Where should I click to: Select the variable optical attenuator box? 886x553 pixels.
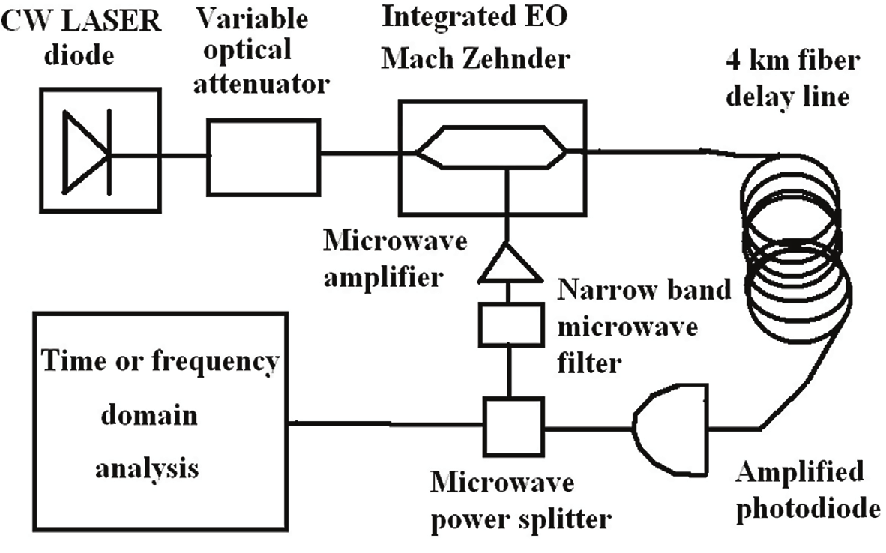pos(263,156)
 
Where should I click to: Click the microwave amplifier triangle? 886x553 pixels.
pos(508,265)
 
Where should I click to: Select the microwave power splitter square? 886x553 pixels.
pos(513,426)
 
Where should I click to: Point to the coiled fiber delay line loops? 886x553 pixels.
pos(795,247)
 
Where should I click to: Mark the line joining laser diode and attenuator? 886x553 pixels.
pos(183,156)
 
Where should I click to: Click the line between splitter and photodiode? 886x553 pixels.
pos(588,429)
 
